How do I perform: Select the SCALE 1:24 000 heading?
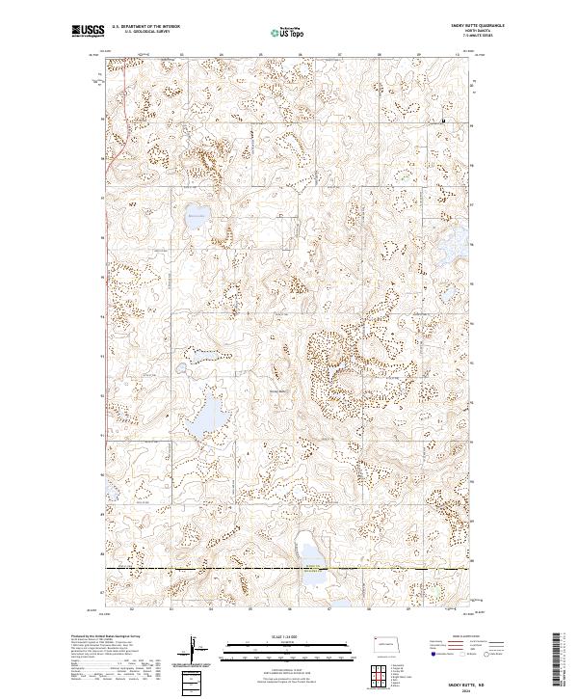(288, 636)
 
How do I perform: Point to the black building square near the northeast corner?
(443, 121)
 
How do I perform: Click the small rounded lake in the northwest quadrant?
(197, 217)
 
